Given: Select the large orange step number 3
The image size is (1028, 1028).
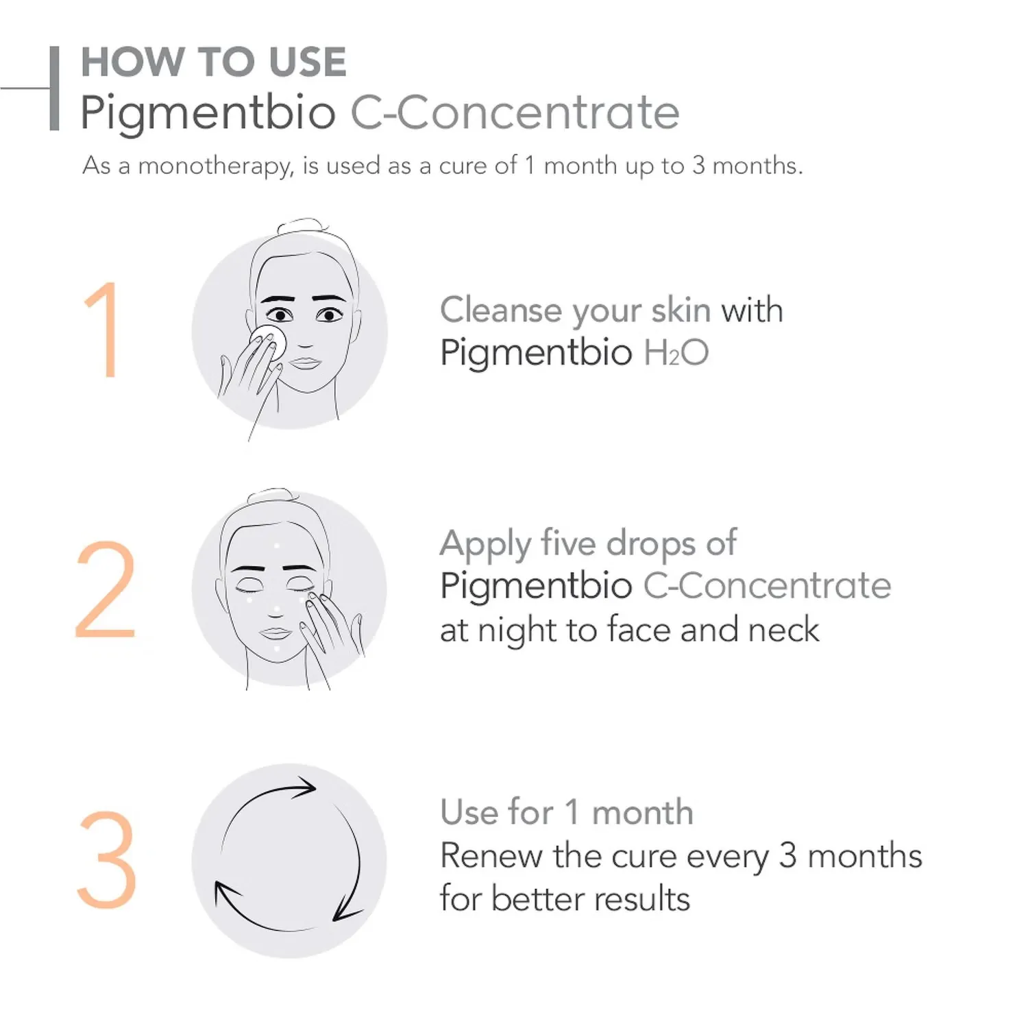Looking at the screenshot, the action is click(x=107, y=859).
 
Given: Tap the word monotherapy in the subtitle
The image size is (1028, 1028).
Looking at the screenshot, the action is click(x=216, y=167).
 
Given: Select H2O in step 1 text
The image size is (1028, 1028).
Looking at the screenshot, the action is click(x=676, y=352).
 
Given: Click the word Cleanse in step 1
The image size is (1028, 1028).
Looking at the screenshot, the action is click(x=501, y=310).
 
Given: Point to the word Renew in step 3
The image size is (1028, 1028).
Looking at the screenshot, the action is click(x=491, y=855).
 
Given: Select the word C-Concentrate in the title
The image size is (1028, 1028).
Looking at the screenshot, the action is click(x=515, y=112).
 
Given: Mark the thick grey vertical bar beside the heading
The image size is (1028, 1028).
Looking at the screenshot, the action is click(x=54, y=88).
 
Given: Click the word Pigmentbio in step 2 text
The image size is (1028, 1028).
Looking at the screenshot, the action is click(x=536, y=587).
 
